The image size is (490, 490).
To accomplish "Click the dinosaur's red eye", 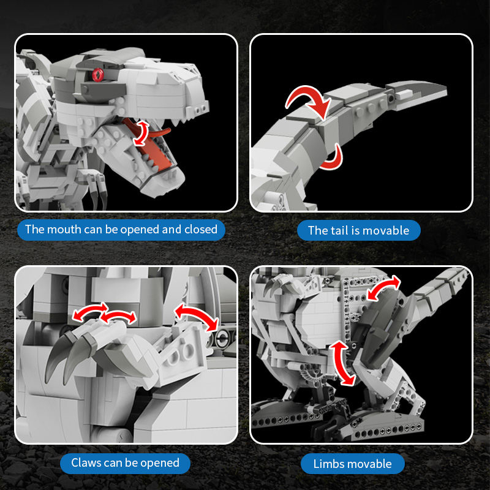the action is click(x=98, y=75).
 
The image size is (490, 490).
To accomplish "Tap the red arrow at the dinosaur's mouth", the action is click(x=141, y=134).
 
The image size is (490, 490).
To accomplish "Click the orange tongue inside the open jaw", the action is click(x=153, y=147).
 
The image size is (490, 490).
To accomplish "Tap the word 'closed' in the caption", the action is click(x=201, y=229).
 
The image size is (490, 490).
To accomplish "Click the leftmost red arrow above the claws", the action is click(x=88, y=309).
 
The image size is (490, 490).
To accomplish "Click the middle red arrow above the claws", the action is click(x=118, y=315).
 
